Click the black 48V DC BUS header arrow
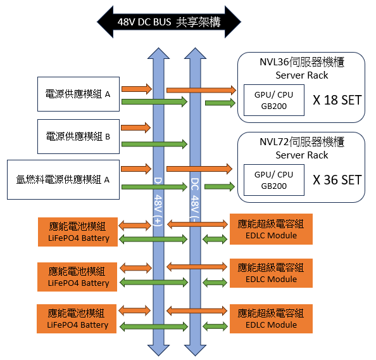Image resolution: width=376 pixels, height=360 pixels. coord(169,22)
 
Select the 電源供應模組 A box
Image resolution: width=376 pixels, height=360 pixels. coord(78,94)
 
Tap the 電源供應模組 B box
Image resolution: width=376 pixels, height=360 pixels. coord(78,136)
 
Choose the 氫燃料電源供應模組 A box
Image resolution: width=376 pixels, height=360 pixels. coord(63,179)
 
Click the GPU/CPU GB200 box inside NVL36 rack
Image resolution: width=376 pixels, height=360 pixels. coord(274,100)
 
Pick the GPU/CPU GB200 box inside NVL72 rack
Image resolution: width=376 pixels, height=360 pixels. coord(274,180)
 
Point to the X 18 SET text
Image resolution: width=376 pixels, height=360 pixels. coord(337,100)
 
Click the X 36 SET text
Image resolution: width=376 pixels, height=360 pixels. coord(337,180)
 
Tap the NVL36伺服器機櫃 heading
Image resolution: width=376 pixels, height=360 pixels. coord(302,62)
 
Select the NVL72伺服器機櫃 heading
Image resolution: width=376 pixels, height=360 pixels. coord(302,142)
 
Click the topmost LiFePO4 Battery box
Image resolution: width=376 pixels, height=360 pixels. coord(78,232)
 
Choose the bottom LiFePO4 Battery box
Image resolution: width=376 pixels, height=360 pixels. coord(77,319)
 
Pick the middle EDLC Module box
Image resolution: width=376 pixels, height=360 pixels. coord(271,273)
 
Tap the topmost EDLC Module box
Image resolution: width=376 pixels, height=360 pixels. coord(271,229)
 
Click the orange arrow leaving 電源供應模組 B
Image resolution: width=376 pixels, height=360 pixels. coord(135,127)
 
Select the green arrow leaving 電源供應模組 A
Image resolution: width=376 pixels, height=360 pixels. coord(154,101)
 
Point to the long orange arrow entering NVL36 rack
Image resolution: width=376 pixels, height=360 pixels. coord(201,90)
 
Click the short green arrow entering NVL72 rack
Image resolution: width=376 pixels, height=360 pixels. coord(220,186)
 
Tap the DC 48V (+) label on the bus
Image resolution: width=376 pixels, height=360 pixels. coord(158,202)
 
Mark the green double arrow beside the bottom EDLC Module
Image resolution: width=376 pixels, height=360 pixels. coord(215,326)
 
